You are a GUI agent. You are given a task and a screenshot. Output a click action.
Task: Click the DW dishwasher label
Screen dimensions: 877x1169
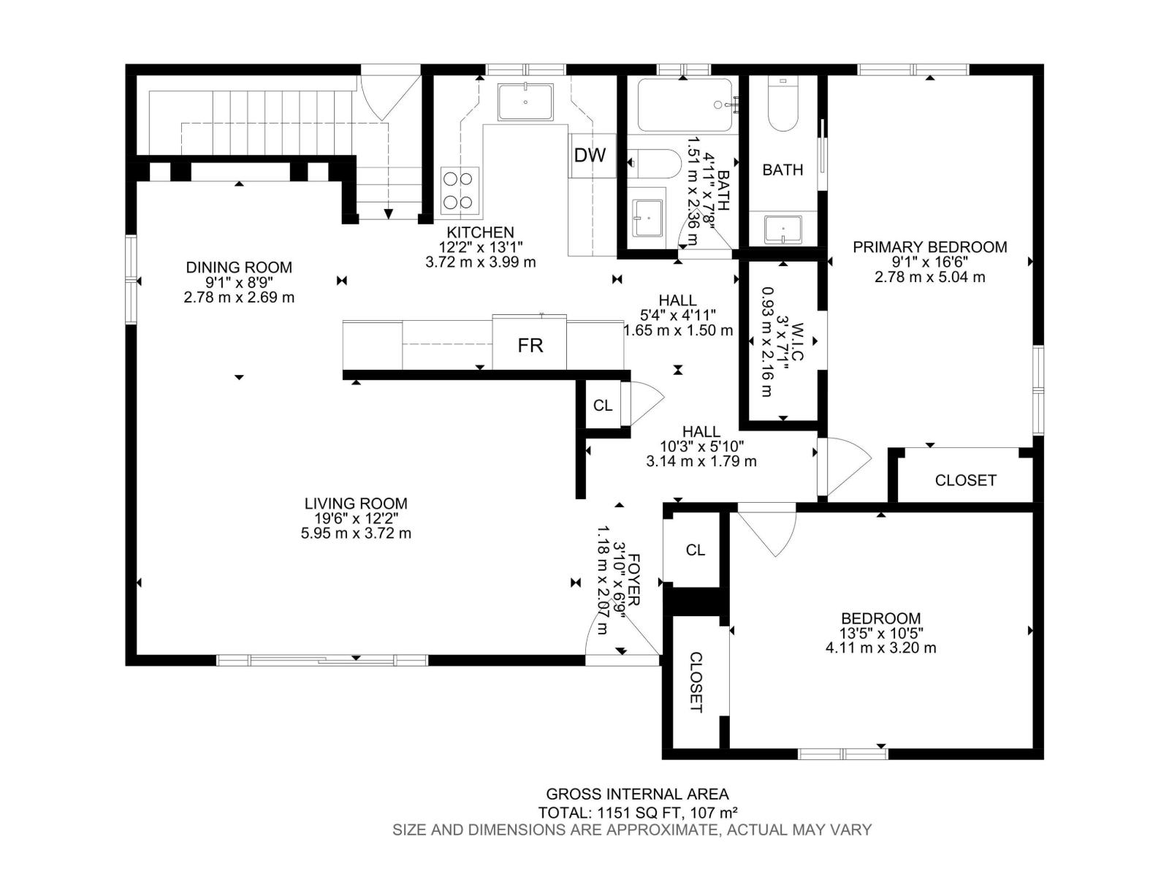point(590,155)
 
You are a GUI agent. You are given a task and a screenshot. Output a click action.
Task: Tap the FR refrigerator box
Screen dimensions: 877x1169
point(530,345)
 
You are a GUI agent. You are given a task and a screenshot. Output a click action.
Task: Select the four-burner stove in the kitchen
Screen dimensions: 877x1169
point(460,191)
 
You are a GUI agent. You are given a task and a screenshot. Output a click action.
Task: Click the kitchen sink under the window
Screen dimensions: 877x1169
point(525,102)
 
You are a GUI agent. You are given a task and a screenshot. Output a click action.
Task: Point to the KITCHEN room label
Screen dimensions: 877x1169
point(480,233)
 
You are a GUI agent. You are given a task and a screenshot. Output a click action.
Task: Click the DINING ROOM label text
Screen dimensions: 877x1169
point(239,267)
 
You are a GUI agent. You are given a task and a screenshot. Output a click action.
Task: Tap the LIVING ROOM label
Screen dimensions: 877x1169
point(356,504)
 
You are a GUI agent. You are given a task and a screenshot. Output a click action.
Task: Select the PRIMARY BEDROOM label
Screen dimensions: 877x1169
point(929,247)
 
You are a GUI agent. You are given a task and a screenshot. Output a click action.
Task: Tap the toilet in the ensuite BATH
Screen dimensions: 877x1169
point(782,110)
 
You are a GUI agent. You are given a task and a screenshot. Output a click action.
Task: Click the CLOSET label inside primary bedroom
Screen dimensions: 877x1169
point(965,480)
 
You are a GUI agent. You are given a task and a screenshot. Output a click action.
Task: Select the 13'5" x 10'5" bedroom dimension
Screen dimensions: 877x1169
point(880,633)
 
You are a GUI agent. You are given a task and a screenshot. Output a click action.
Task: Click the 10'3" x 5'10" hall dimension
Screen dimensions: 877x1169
point(701,447)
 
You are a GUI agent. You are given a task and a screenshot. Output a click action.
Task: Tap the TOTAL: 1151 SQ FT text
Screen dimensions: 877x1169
point(637,812)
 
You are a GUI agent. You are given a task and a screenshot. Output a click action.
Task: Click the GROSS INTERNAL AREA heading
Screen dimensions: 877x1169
point(637,794)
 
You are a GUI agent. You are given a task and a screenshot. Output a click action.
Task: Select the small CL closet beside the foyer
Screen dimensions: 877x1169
point(695,550)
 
